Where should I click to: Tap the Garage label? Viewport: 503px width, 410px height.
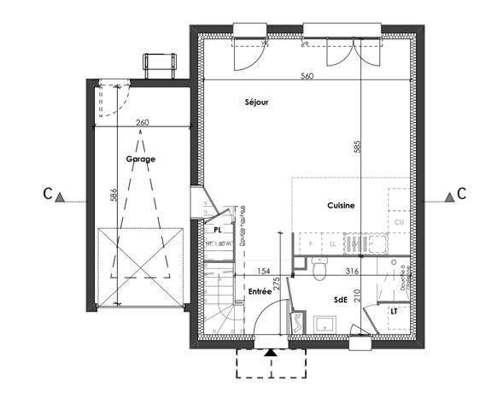pos(141,160)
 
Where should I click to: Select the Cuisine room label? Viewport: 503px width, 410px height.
pos(341,206)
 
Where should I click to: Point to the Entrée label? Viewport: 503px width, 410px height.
pos(260,291)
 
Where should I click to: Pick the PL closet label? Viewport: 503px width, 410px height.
pos(218,230)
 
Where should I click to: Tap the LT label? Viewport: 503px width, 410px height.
pos(395,312)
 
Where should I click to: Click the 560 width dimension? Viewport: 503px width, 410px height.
pos(307,77)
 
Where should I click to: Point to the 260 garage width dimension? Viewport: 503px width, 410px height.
pos(143,123)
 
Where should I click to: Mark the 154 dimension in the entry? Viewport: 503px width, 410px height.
pos(265,271)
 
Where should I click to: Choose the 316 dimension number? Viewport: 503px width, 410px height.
pos(350,271)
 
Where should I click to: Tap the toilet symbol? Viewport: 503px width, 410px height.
pos(319,271)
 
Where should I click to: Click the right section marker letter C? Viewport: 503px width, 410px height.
pos(461,193)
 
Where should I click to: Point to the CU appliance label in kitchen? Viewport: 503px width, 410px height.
pos(399,223)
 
